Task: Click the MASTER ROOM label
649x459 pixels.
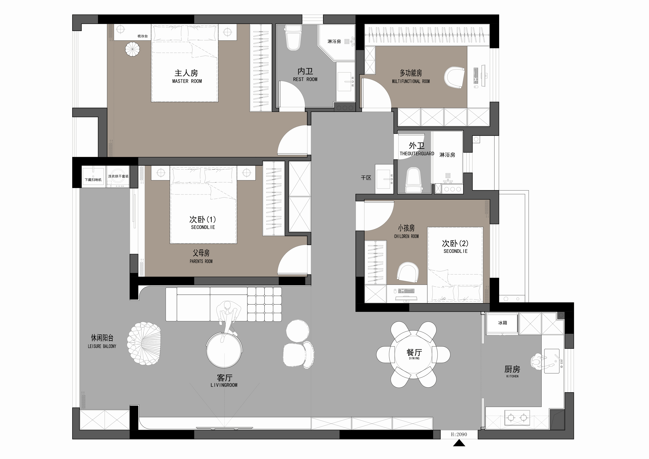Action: [187, 81]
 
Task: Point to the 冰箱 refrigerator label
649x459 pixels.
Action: [502, 323]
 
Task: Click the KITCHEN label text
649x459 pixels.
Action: [512, 376]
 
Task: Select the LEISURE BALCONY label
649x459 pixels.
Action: [102, 346]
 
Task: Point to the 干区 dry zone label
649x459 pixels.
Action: [366, 178]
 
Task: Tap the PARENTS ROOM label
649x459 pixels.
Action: [201, 261]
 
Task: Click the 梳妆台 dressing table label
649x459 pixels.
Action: [142, 36]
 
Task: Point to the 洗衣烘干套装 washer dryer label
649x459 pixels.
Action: [118, 176]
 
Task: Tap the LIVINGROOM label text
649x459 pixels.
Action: [224, 385]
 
